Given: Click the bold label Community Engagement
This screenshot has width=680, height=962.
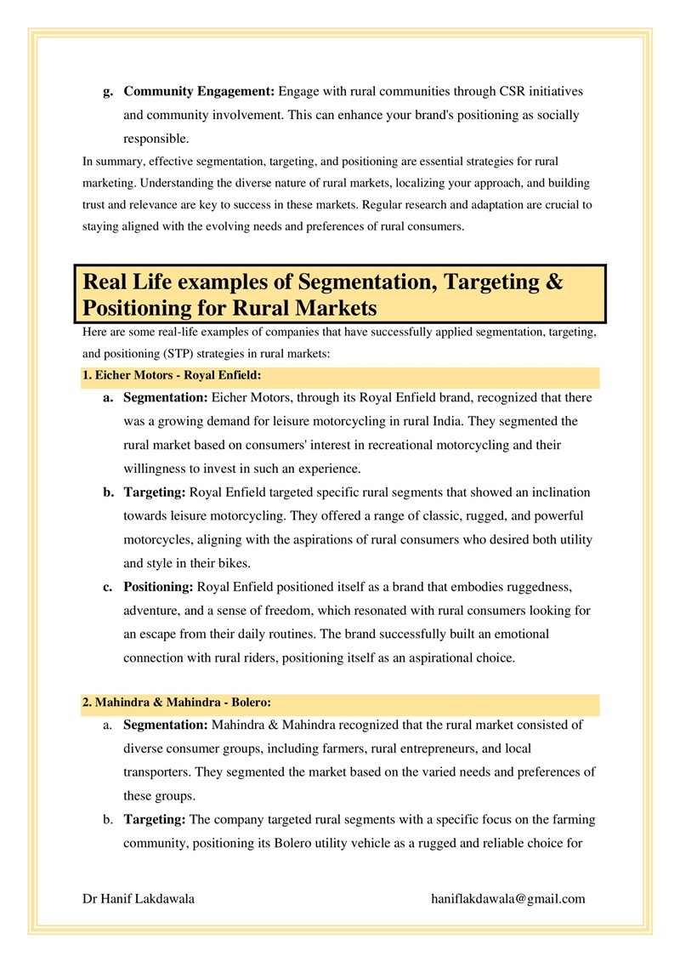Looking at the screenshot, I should [x=199, y=91].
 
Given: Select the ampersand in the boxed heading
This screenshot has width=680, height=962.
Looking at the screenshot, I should [x=553, y=282].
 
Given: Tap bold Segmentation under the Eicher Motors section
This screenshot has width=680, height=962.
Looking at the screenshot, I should [x=165, y=397].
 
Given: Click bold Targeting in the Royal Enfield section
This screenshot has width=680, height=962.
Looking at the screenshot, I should [x=154, y=492].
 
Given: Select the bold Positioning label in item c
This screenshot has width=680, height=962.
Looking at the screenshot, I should [x=159, y=588].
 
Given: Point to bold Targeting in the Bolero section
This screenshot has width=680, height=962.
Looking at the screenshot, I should [x=154, y=820].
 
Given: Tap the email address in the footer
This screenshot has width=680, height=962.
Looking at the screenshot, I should [x=508, y=899].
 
